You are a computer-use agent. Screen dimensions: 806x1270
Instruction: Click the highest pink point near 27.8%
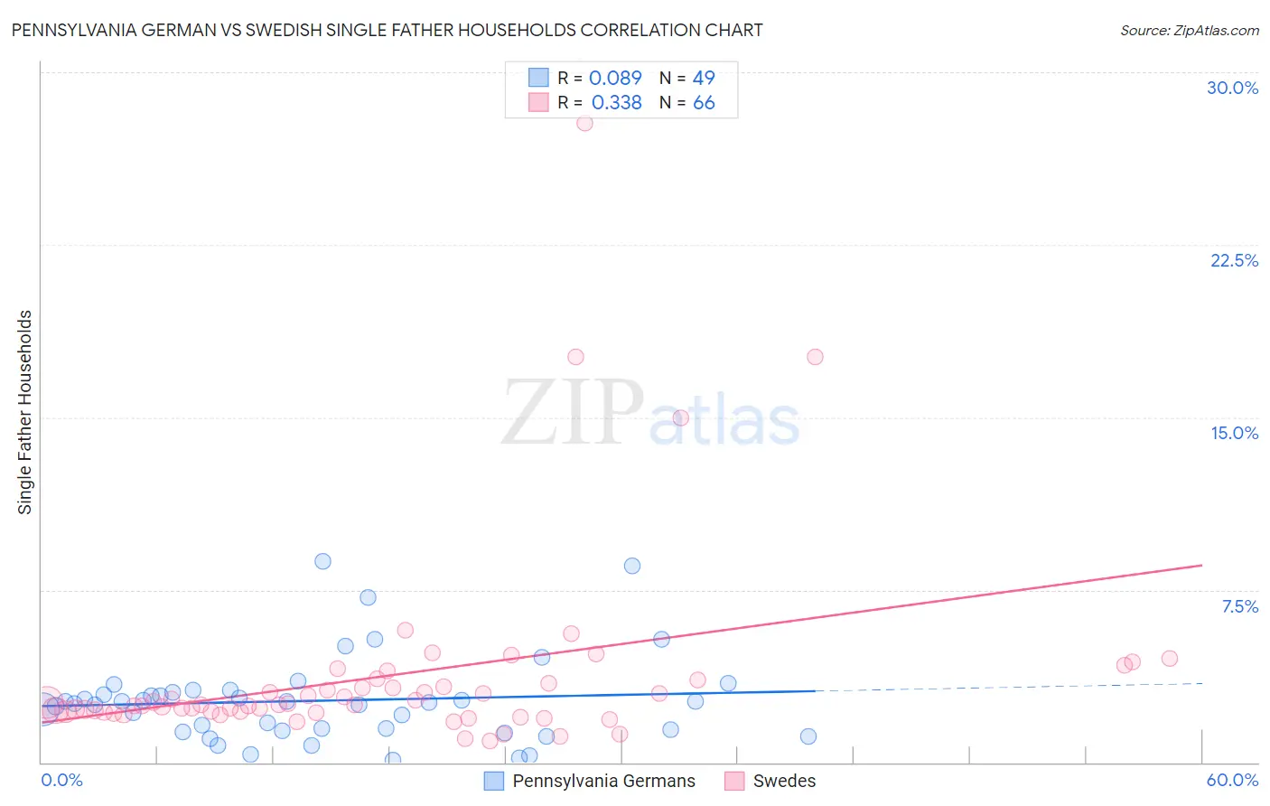(x=584, y=123)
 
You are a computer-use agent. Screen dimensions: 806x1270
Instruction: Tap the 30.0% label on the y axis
(x=1232, y=88)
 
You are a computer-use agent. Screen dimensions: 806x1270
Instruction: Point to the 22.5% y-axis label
(x=1234, y=260)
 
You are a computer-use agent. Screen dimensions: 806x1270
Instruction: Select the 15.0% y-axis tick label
(x=1234, y=433)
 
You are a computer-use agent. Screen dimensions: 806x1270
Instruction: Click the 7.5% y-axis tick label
(x=1239, y=606)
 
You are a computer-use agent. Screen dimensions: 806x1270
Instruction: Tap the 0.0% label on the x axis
(x=61, y=780)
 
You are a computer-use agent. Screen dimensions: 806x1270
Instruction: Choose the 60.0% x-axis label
(x=1232, y=780)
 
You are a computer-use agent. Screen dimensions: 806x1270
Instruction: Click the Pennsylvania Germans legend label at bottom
(x=603, y=781)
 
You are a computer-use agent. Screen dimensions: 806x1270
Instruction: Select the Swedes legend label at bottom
(x=784, y=781)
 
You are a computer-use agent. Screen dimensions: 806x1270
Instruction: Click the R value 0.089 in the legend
(x=615, y=78)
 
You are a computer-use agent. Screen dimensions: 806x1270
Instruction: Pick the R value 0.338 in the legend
(x=616, y=102)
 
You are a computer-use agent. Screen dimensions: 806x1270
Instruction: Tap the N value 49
(x=704, y=78)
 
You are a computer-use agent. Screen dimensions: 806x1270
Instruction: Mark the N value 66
(x=704, y=102)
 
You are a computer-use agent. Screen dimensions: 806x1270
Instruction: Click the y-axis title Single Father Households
(x=25, y=412)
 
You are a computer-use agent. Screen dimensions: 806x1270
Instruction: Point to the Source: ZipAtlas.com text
(x=1189, y=30)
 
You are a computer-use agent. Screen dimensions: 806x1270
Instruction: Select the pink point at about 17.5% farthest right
(x=815, y=357)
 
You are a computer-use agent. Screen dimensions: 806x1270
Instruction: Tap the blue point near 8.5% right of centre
(x=632, y=566)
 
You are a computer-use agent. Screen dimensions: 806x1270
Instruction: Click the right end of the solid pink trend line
(x=1201, y=565)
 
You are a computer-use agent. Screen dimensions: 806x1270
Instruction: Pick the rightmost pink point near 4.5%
(x=1170, y=658)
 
